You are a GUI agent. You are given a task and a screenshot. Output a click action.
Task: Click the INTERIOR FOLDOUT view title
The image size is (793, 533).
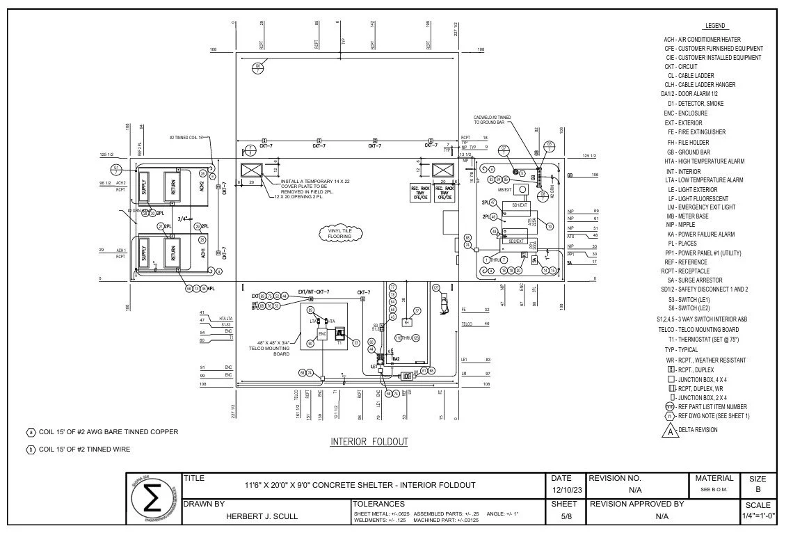pos(369,442)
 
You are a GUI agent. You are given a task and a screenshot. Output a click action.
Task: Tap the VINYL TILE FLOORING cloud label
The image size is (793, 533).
pos(340,233)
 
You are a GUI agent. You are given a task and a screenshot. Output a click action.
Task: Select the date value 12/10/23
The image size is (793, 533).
pos(562,490)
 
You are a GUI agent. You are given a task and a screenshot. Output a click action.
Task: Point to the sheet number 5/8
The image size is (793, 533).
pos(562,517)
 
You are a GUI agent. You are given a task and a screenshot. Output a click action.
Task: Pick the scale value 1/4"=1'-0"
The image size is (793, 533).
pos(757,517)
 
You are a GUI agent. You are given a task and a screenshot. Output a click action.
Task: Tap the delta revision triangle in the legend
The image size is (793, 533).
pos(671,431)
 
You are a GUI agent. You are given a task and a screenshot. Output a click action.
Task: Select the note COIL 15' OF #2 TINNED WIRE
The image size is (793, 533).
pos(83,450)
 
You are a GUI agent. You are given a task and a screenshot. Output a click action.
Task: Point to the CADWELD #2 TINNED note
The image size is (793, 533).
pos(493,120)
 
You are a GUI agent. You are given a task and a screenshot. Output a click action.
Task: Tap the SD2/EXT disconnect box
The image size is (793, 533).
pos(516,241)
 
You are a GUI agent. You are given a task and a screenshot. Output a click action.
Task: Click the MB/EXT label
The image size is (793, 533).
pos(505,189)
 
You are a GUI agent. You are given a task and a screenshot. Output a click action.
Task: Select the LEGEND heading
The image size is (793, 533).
pos(715,26)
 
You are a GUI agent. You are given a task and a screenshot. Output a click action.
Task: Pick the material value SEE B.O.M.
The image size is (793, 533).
pos(715,490)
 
